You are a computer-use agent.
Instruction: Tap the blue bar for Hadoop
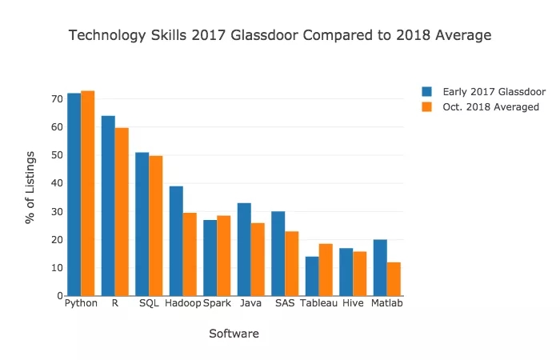point(176,241)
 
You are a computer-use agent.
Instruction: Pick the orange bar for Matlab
point(394,278)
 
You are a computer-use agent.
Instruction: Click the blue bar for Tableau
point(312,276)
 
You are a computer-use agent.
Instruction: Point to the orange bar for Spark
point(224,255)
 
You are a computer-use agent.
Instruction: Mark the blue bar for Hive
point(346,272)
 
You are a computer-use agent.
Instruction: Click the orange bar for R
point(122,211)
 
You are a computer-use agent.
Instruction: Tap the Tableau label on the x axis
point(318,304)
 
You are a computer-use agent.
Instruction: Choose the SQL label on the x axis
point(149,304)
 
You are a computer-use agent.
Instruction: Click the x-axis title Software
point(234,334)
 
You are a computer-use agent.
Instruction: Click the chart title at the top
point(280,36)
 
